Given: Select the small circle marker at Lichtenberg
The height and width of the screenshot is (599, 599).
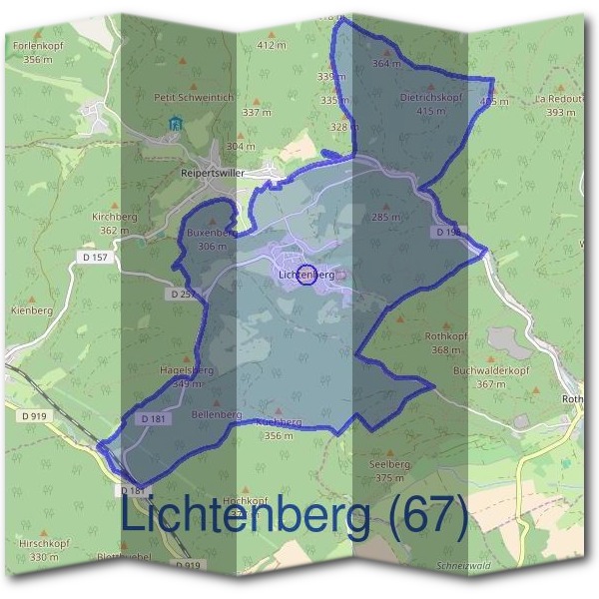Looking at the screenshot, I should [307, 275].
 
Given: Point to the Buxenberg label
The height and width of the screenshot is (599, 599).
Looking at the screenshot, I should [210, 233].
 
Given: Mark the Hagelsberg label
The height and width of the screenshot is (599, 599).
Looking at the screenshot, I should [188, 369].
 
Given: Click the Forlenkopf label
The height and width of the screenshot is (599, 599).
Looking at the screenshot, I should [39, 46].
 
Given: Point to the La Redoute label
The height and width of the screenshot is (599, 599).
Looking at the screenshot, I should [560, 100].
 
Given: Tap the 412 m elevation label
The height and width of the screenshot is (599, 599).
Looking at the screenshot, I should [271, 45].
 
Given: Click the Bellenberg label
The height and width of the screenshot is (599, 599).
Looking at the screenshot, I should [216, 414].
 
